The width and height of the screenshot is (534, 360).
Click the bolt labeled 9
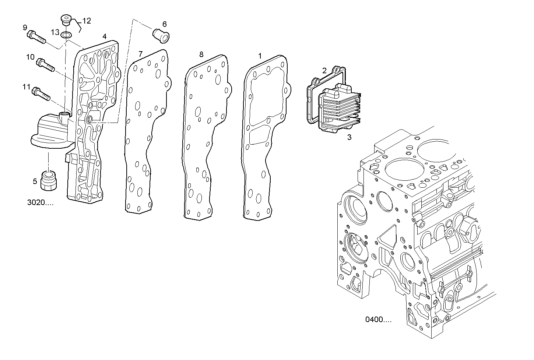point(36,37)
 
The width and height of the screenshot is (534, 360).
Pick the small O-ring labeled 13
point(67,35)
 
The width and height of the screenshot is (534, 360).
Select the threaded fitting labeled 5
point(49,179)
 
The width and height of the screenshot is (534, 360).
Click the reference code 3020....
point(40,202)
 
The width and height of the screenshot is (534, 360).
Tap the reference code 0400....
point(378,319)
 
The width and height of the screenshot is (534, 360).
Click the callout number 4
point(105,36)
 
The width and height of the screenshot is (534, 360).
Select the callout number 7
point(140,54)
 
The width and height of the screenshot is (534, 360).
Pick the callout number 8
point(201,54)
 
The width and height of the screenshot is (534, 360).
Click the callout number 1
point(260,56)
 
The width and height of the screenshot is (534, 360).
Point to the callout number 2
point(324,70)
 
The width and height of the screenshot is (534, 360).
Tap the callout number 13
point(55,32)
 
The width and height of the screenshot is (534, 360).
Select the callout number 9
point(25,27)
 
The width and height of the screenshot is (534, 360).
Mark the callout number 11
point(26,87)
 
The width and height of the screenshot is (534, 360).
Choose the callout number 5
point(35,181)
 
